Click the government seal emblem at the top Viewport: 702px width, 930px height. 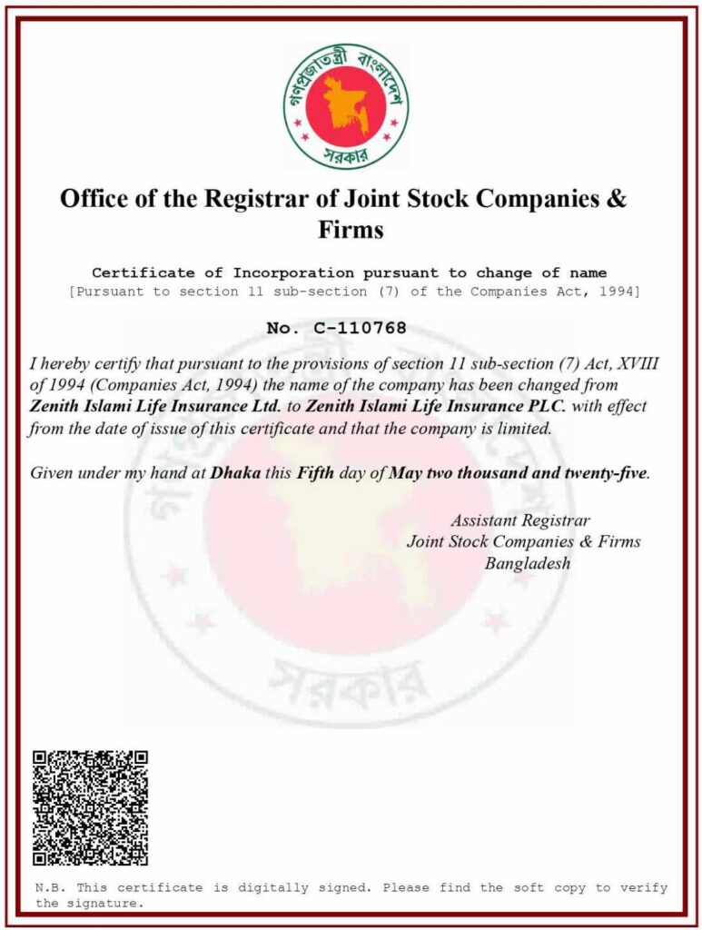coord(345,106)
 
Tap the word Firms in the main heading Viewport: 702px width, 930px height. coord(351,230)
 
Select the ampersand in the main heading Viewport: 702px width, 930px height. coord(617,199)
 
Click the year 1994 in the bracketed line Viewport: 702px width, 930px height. coord(617,291)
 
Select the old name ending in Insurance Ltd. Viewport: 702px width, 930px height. coord(155,406)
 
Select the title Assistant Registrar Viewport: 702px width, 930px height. coord(519,520)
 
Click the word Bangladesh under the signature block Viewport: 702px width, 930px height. coord(527,563)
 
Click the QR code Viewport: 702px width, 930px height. coord(91,807)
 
